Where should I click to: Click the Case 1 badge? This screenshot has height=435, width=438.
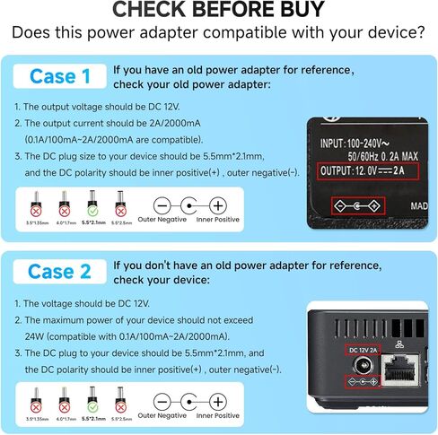tap(61, 76)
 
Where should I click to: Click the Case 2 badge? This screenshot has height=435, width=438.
tap(61, 270)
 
